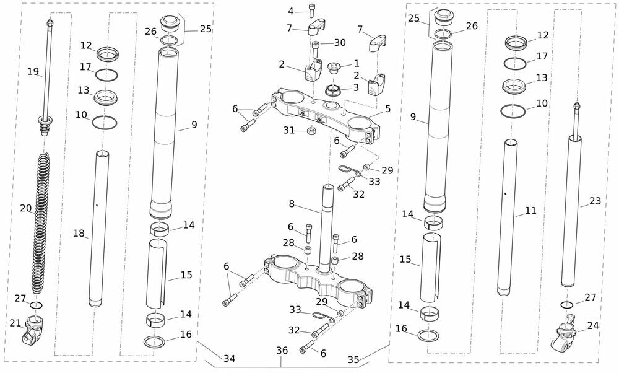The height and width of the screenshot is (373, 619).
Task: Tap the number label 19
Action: (x=33, y=71)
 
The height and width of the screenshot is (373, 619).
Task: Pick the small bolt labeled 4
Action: (x=312, y=10)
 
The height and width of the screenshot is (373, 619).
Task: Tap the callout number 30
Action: (x=340, y=43)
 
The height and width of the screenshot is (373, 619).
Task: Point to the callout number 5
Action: (x=387, y=108)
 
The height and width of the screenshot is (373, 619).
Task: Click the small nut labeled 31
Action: (x=313, y=130)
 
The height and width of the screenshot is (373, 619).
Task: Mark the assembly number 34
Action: (x=229, y=358)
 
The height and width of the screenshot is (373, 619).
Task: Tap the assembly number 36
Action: (x=282, y=351)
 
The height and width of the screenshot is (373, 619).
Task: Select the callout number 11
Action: (x=530, y=211)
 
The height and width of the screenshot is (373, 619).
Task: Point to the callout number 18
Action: (x=79, y=233)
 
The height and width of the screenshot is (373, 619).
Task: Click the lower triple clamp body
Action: (x=316, y=278)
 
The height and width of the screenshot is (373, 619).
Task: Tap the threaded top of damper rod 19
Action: (x=48, y=25)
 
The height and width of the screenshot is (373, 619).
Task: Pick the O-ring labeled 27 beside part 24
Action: (x=566, y=305)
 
